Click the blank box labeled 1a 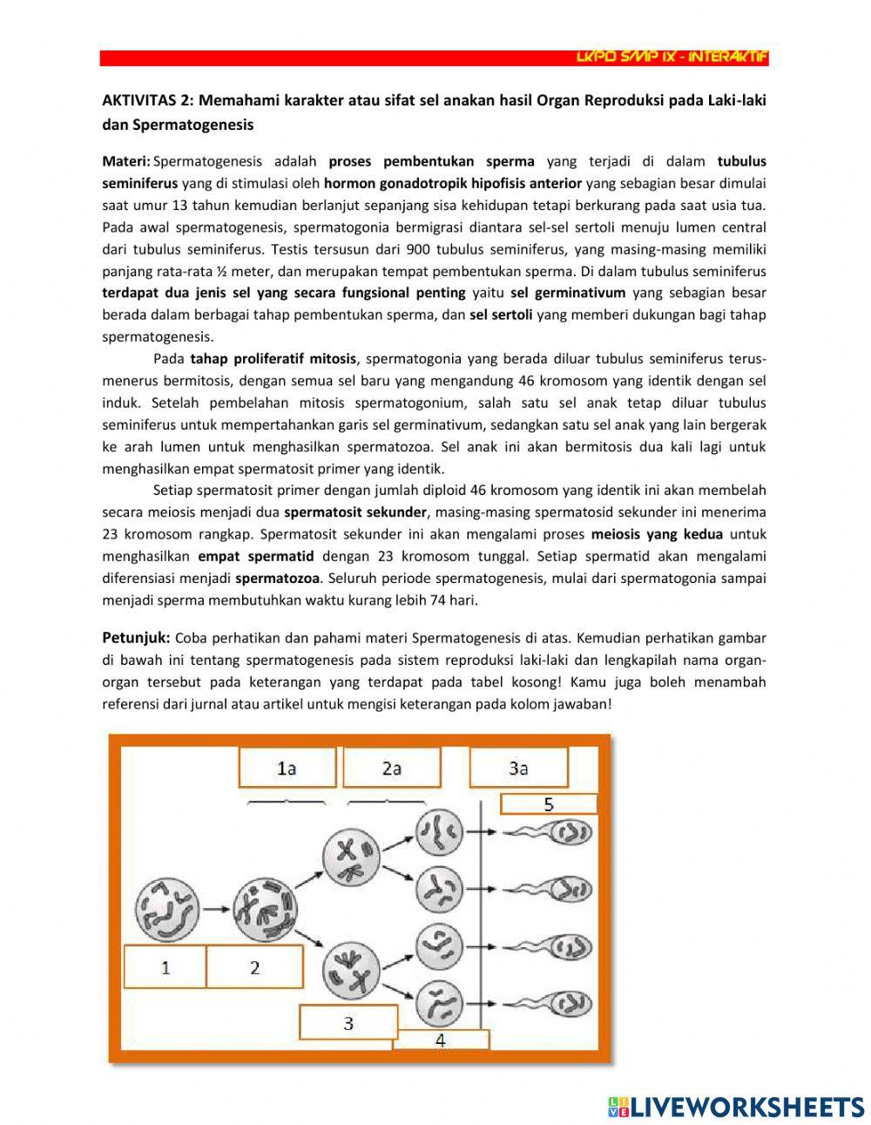pos(286,768)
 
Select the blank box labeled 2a pos(391,768)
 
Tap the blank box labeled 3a pos(518,768)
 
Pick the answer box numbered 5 pos(549,804)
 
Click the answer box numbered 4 pos(441,1040)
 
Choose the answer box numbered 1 pos(165,967)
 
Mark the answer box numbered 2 pos(254,967)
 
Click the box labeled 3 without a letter pos(348,1023)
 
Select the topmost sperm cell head pos(572,832)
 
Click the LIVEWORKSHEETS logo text pos(745,1107)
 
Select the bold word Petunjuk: pos(136,638)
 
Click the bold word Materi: pos(126,161)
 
